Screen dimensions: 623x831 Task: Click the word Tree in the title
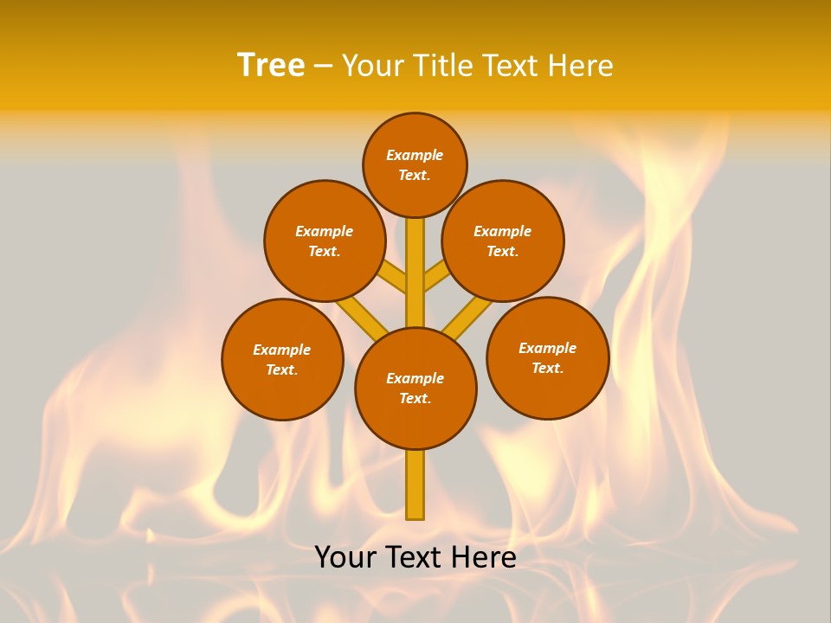click(271, 65)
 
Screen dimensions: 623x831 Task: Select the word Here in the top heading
click(580, 65)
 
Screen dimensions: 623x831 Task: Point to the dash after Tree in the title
click(323, 66)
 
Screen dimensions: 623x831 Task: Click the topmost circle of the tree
click(415, 164)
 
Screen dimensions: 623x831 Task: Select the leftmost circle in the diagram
click(282, 359)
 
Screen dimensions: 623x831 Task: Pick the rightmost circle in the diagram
click(547, 357)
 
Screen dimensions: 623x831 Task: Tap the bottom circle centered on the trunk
click(415, 389)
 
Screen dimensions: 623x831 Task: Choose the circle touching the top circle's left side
click(325, 241)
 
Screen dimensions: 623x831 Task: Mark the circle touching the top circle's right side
click(503, 241)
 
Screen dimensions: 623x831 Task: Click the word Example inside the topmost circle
click(415, 155)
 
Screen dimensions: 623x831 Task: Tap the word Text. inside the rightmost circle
click(547, 368)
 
